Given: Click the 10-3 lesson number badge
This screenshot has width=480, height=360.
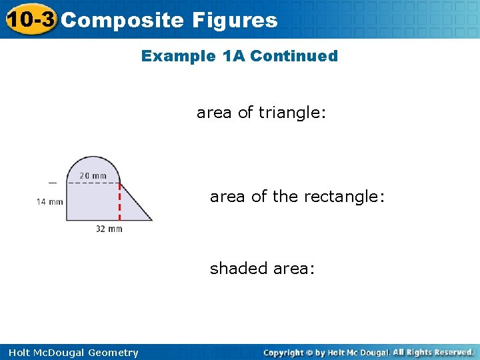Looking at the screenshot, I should click(x=30, y=19).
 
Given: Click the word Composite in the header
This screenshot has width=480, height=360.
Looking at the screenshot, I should click(x=122, y=20).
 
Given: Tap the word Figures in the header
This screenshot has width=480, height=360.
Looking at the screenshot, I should click(x=234, y=20).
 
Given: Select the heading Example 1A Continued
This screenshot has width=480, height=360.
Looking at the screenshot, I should click(x=239, y=56).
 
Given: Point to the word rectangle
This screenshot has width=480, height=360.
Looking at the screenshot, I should click(x=343, y=197).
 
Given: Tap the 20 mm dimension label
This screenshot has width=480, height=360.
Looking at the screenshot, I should click(x=93, y=176).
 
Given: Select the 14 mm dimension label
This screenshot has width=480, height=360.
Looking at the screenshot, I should click(x=50, y=201).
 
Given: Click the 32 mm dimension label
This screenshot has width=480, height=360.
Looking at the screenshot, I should click(x=109, y=229).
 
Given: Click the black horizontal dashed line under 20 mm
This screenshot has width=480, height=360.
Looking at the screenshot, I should click(x=93, y=183).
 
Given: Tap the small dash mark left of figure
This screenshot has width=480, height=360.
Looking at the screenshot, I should click(x=52, y=182).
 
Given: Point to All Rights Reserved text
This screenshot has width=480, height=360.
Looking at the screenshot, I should click(x=433, y=352).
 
